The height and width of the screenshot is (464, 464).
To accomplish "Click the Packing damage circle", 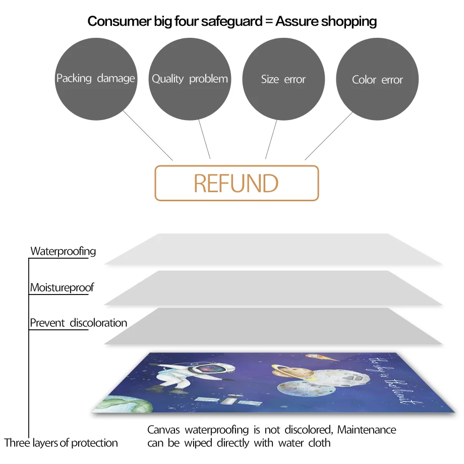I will pyautogui.click(x=96, y=79).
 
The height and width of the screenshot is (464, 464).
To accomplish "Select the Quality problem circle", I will pyautogui.click(x=190, y=79).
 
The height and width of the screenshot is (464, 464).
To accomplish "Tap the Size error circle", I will pyautogui.click(x=283, y=79).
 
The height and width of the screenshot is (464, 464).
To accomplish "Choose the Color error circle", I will pyautogui.click(x=377, y=79).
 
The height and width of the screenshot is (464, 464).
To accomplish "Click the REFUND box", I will pyautogui.click(x=237, y=183).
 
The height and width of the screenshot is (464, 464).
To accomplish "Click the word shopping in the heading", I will pyautogui.click(x=347, y=21).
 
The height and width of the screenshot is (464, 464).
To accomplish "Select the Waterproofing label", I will pyautogui.click(x=63, y=251).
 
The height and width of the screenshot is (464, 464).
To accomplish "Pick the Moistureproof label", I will pyautogui.click(x=62, y=288).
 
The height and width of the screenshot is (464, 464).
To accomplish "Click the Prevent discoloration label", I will pyautogui.click(x=78, y=323).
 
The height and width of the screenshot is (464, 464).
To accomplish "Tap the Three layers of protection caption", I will pyautogui.click(x=61, y=443).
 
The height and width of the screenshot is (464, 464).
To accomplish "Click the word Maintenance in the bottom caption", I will pyautogui.click(x=367, y=430).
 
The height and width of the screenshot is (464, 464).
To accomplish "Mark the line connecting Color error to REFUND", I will pyautogui.click(x=329, y=136).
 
